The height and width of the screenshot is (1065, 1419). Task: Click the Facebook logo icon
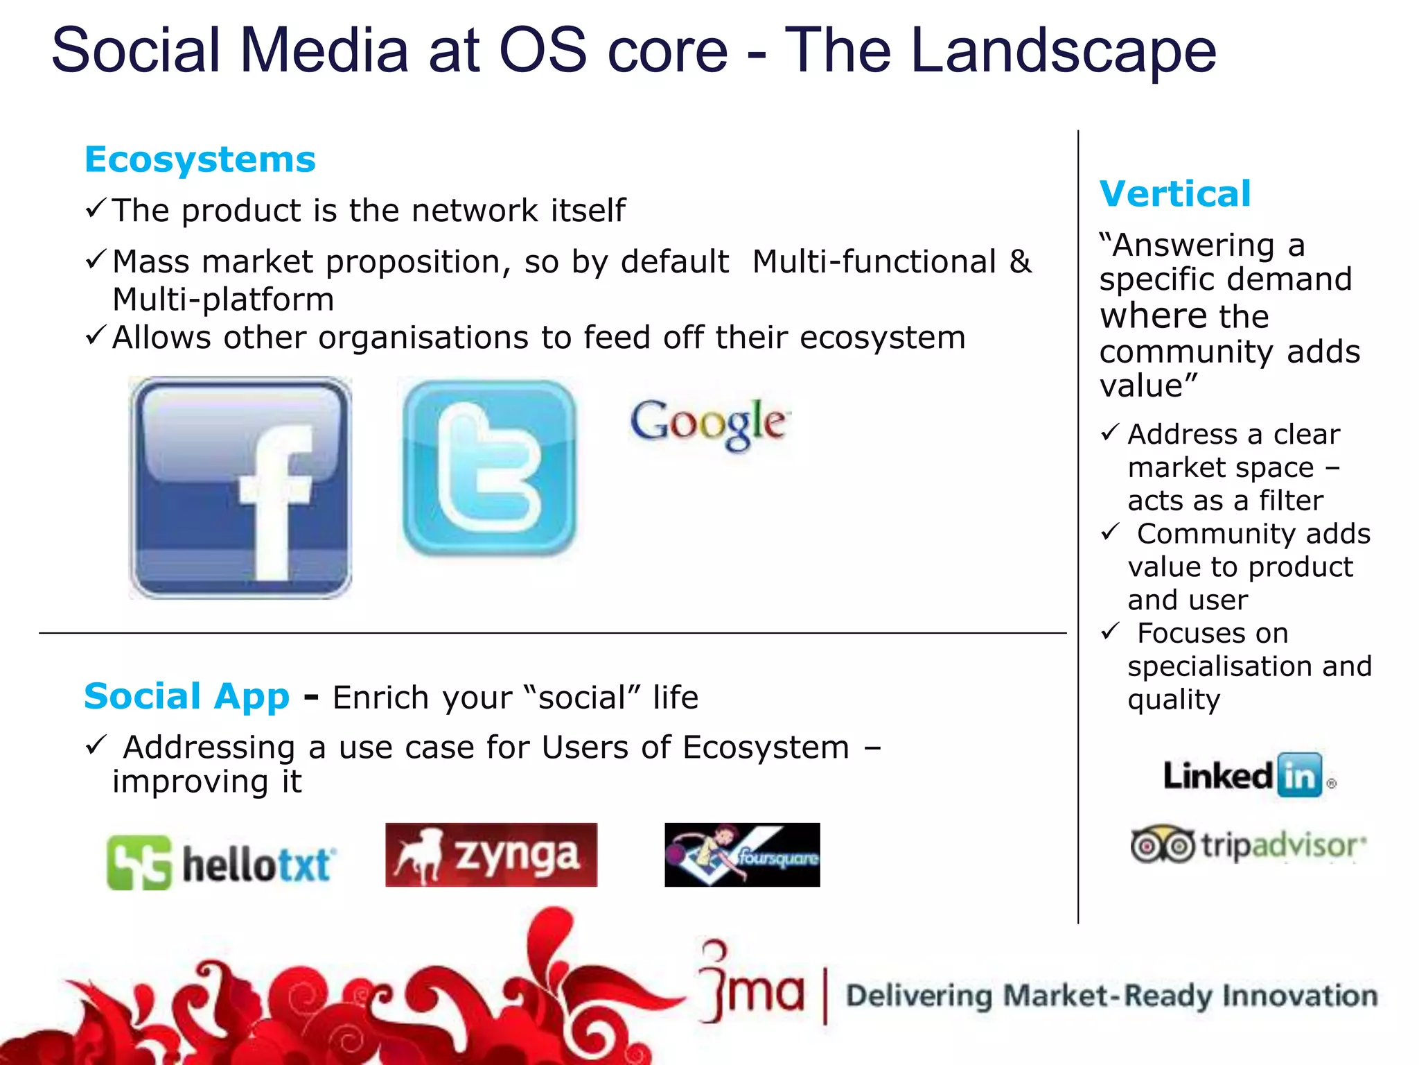240,487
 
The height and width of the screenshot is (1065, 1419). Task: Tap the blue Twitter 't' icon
489,468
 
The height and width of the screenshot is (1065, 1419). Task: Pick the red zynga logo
491,855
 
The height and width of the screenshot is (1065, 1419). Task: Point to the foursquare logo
742,855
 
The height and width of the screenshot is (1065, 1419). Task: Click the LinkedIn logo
1247,775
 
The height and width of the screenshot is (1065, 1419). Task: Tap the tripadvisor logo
1247,845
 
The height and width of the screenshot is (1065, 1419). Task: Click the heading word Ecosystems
200,160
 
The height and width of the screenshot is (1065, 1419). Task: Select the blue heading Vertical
1175,194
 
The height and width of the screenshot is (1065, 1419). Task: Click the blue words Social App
186,696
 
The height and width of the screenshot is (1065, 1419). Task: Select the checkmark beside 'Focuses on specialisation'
1110,631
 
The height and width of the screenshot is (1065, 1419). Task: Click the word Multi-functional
874,262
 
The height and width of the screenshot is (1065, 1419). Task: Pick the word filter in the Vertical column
1291,501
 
